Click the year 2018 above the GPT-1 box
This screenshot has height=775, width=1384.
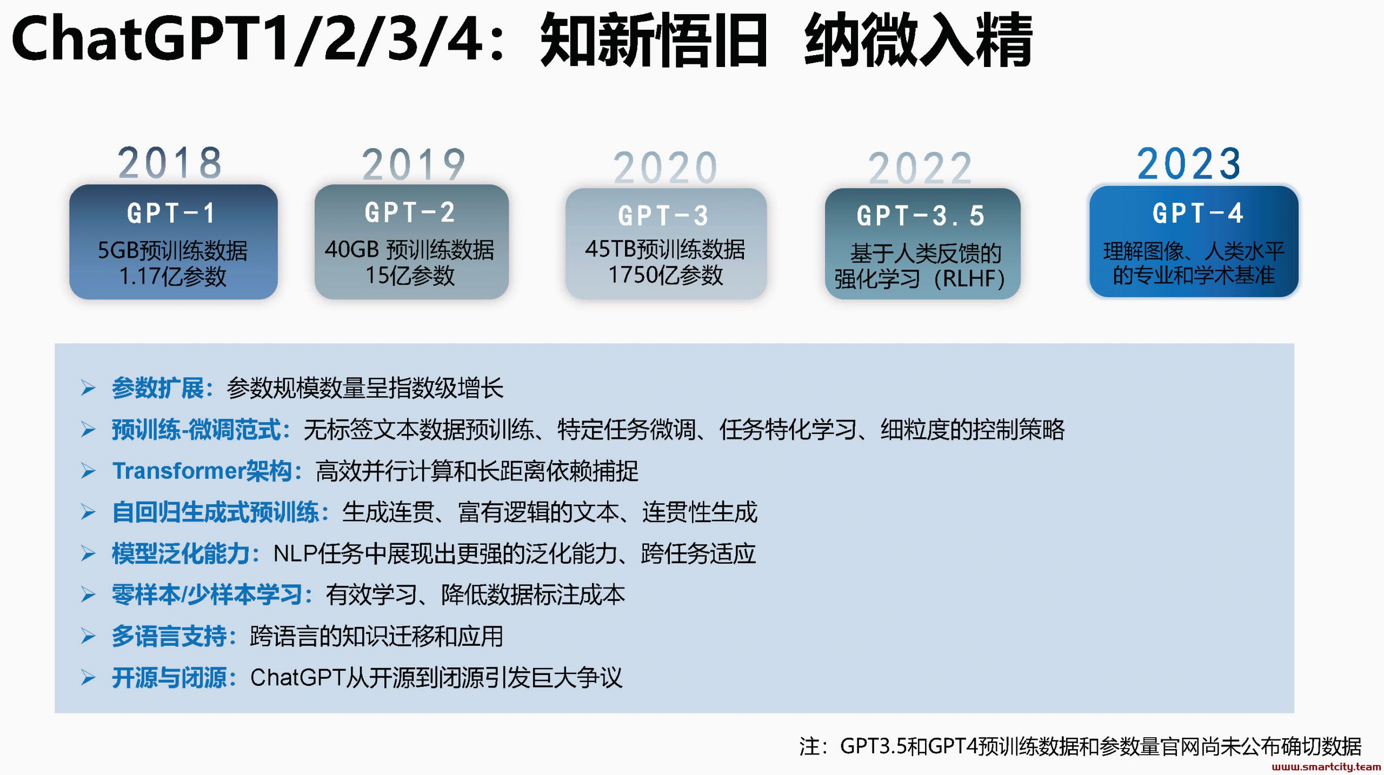pos(170,163)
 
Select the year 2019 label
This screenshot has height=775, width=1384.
pos(414,164)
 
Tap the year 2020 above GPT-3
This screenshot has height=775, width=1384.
pos(665,168)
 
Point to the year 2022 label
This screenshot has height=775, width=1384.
pos(920,168)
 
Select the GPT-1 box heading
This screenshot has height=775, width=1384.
pos(171,213)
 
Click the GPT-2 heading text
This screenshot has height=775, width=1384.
pos(410,212)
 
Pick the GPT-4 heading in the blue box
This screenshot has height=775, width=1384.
pos(1198,212)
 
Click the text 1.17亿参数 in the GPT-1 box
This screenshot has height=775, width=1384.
pos(172,276)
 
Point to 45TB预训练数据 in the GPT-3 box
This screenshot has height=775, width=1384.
pos(665,249)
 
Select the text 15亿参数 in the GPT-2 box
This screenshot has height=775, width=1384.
pos(410,275)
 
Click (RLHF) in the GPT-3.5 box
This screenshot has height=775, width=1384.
pos(968,279)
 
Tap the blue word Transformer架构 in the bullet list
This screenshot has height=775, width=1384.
pos(202,471)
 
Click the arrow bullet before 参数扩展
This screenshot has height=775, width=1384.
pos(88,388)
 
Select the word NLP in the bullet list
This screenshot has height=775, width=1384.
pos(295,553)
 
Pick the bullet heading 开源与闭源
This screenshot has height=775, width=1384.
pos(169,678)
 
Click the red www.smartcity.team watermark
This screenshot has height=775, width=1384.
pos(1326,766)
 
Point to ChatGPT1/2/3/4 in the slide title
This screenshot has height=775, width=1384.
pos(247,39)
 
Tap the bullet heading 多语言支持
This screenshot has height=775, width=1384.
pos(169,636)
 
